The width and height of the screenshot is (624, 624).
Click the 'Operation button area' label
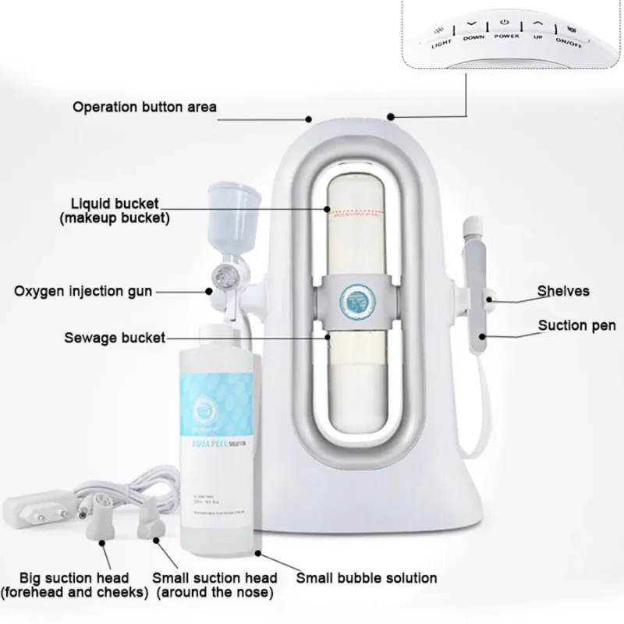145,106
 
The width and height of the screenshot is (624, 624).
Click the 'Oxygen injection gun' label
83,291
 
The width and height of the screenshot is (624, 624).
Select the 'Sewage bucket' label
114,338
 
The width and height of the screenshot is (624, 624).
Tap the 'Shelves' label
563,291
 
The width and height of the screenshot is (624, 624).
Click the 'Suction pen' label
576,325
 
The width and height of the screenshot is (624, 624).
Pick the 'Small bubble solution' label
367,578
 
